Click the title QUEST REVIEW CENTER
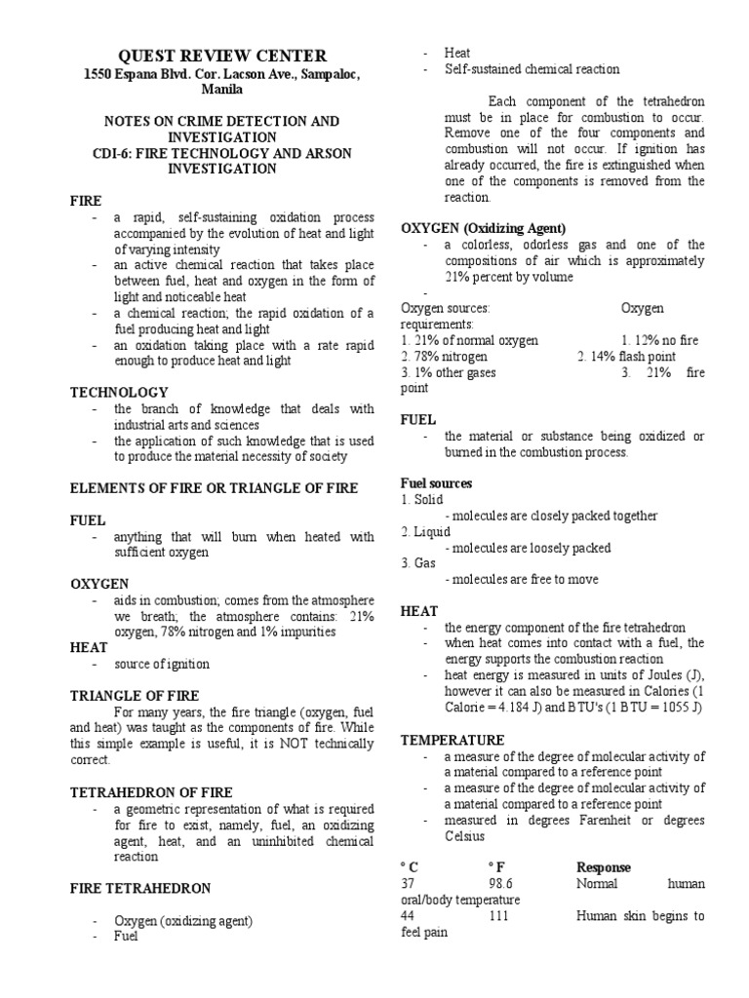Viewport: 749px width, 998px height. click(222, 56)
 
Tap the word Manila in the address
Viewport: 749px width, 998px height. click(222, 90)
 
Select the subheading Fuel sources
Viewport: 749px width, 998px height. click(437, 483)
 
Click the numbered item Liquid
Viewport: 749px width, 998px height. click(430, 532)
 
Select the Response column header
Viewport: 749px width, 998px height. click(603, 867)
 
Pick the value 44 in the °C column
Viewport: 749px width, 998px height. click(409, 916)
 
